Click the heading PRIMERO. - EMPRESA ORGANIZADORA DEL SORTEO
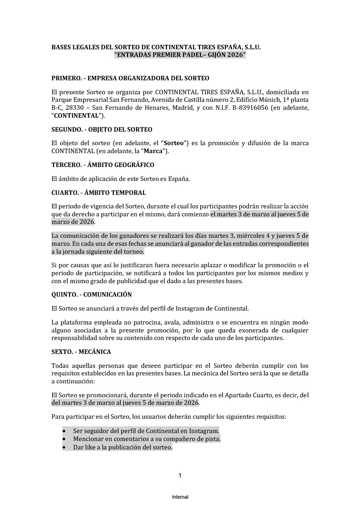point(130,78)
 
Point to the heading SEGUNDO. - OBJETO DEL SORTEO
point(102,130)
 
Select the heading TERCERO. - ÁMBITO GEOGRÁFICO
point(103,165)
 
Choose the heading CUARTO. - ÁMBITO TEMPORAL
point(99,193)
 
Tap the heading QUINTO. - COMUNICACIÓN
point(91,295)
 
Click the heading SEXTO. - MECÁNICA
point(81,352)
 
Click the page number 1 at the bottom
point(180,476)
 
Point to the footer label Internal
point(180,497)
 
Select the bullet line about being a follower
point(146,431)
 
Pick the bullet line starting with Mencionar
point(146,439)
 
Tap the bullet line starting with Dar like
point(123,447)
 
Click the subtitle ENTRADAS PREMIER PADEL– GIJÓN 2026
point(180,55)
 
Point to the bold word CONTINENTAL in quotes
point(76,116)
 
